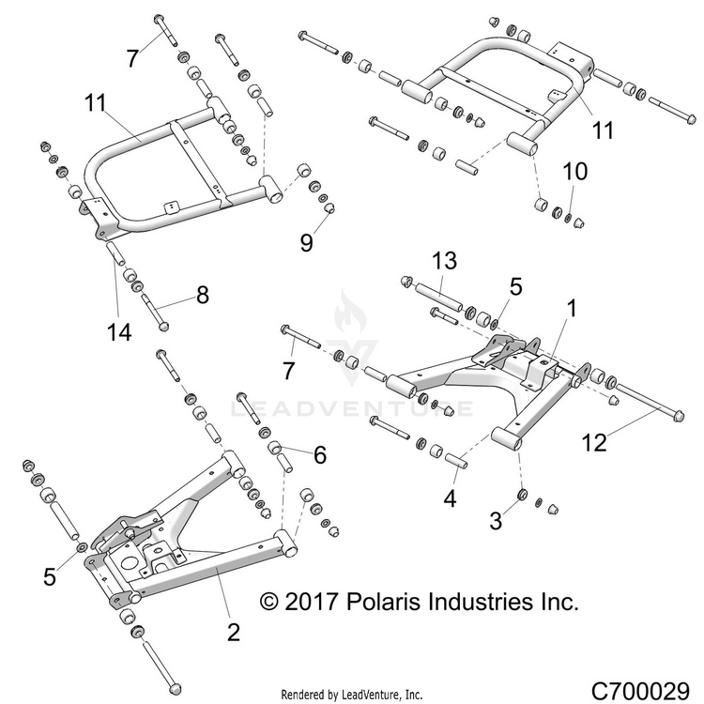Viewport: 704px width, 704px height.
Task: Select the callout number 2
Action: pos(233,632)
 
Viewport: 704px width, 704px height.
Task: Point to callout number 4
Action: pos(451,499)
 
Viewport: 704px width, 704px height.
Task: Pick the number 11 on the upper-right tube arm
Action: pos(604,130)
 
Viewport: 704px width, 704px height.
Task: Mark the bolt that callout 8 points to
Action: pos(154,311)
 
